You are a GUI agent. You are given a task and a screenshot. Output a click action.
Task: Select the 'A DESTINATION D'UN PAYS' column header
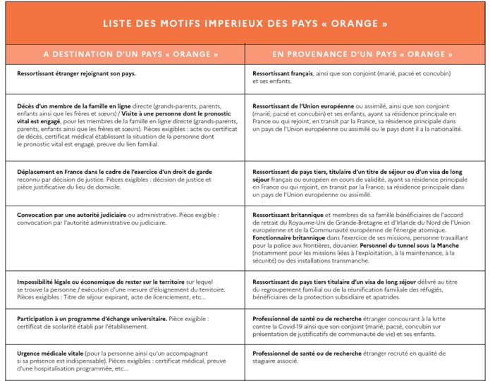tap(130, 54)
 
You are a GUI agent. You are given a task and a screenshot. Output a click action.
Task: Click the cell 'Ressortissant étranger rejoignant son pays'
tap(76, 73)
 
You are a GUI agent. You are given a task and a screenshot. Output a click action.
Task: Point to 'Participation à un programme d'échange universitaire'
tap(92, 318)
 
